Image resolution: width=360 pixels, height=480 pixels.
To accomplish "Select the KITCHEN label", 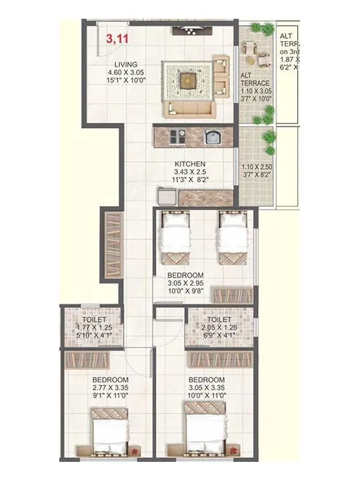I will point(189,164).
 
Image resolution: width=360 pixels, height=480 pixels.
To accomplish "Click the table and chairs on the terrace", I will point(254,51).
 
